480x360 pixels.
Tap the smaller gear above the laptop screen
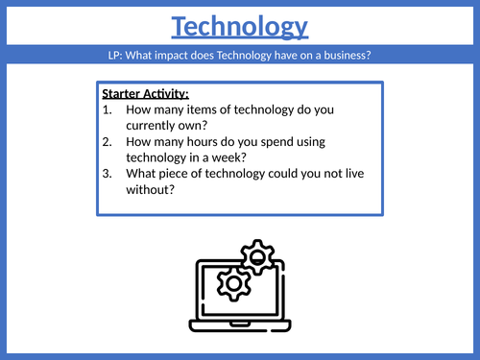point(258,256)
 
